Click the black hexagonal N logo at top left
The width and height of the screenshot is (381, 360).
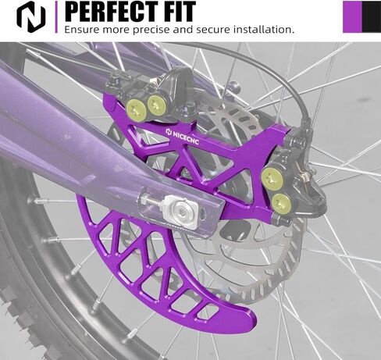[31, 17]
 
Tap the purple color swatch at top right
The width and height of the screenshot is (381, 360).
[352, 17]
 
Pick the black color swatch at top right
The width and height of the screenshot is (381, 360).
[372, 17]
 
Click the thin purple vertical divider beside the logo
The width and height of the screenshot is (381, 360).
[56, 17]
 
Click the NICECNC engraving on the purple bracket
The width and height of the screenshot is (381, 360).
[183, 137]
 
